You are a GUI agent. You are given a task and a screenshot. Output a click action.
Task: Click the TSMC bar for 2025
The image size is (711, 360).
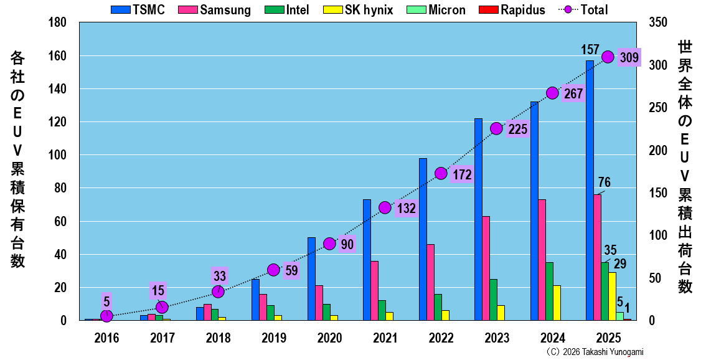tap(590, 190)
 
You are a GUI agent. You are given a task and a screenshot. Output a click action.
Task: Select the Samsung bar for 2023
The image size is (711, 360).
tap(486, 268)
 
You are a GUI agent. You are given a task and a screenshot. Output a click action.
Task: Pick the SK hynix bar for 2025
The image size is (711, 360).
tap(612, 296)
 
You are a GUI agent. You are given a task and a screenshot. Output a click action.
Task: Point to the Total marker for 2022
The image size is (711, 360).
tap(441, 173)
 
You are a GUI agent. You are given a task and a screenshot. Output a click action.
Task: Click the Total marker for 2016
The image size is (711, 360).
tap(106, 316)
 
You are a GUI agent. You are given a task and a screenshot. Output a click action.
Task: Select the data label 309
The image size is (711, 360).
tap(629, 58)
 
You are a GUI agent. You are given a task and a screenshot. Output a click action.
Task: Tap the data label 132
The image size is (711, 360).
tap(406, 209)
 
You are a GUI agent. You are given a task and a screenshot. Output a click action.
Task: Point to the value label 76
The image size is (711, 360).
tap(604, 182)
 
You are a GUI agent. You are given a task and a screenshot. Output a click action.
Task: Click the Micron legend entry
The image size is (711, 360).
tap(440, 9)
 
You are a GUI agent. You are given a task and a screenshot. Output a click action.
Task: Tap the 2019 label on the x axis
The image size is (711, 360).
tap(273, 338)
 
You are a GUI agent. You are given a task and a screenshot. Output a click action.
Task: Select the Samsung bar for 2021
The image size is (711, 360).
tap(374, 290)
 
